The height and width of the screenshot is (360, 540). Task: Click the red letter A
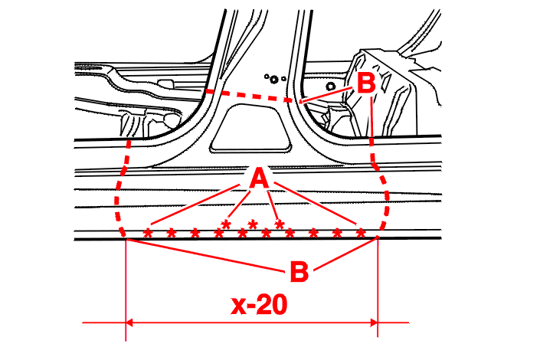click(x=260, y=178)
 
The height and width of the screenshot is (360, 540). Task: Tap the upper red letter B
click(x=365, y=83)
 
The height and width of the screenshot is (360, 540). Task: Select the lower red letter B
click(x=299, y=271)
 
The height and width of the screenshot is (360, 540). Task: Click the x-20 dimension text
click(x=259, y=305)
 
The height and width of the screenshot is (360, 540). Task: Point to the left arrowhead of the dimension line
click(x=129, y=322)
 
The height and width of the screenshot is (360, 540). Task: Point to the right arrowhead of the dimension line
click(x=374, y=322)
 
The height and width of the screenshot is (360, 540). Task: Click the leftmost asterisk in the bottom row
click(x=148, y=233)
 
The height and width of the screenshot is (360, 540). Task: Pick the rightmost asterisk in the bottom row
click(x=360, y=233)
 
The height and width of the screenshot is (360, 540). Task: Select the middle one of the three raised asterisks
click(x=253, y=224)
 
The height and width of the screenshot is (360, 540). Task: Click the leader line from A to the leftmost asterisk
click(x=195, y=205)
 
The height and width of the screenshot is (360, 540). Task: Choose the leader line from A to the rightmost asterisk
click(x=315, y=203)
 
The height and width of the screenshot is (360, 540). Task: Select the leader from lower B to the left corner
click(x=206, y=255)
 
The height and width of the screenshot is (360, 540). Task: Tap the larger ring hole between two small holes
click(x=274, y=80)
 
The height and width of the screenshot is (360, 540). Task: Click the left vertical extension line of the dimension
click(x=126, y=290)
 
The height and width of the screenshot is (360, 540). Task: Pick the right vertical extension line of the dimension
click(x=378, y=288)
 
